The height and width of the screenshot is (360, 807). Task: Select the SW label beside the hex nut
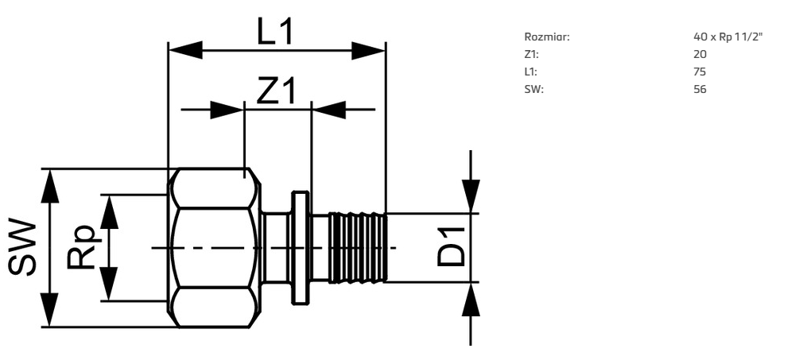(23, 247)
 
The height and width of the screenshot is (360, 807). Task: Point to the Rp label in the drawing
(81, 247)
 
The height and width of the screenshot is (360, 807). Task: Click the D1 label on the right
(450, 247)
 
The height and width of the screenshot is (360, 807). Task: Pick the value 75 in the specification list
(700, 72)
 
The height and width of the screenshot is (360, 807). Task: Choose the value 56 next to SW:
(700, 89)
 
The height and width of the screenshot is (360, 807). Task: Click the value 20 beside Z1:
(700, 54)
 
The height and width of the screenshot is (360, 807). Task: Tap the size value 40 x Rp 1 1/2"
(727, 37)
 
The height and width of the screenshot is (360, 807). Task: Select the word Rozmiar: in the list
(547, 37)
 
